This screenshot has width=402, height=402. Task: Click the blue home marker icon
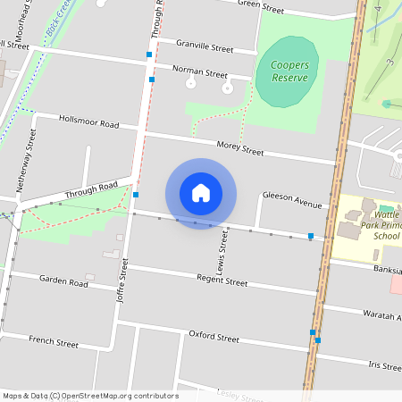[x=201, y=193]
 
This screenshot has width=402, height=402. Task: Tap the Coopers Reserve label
[x=287, y=71]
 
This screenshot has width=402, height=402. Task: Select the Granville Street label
[x=204, y=48]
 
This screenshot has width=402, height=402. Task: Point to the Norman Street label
[x=200, y=71]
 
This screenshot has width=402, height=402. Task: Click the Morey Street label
[x=240, y=147]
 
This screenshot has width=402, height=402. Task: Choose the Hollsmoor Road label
[x=88, y=121]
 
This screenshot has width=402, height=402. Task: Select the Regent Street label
[x=222, y=281]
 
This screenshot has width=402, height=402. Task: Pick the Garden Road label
[x=63, y=281]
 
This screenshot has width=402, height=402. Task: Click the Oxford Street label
[x=214, y=337]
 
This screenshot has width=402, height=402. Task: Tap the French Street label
[x=54, y=341]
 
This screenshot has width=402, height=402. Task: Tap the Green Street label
[x=261, y=7]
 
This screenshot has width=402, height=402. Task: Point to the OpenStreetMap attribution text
[x=90, y=396]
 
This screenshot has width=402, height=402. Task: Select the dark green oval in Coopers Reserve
[x=287, y=71]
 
